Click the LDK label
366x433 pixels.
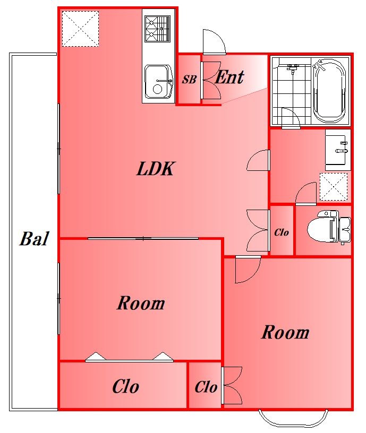pos(156,169)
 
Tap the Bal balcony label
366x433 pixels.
pos(35,239)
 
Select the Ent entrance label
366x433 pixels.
pos(229,77)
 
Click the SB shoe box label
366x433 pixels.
pos(189,80)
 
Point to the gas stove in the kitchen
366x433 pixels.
pos(158,29)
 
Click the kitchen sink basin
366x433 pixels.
pos(158,82)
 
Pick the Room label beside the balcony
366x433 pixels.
pos(141,303)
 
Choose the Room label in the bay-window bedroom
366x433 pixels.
pos(285,332)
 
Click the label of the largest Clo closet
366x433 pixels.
pos(125,386)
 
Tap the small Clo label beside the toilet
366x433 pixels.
pos(282,232)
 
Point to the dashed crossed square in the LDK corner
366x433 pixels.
pos(80,29)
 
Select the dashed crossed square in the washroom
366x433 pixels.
pos(334,187)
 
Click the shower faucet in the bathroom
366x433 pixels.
pos(293,68)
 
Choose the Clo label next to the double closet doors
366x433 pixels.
pos(206,387)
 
